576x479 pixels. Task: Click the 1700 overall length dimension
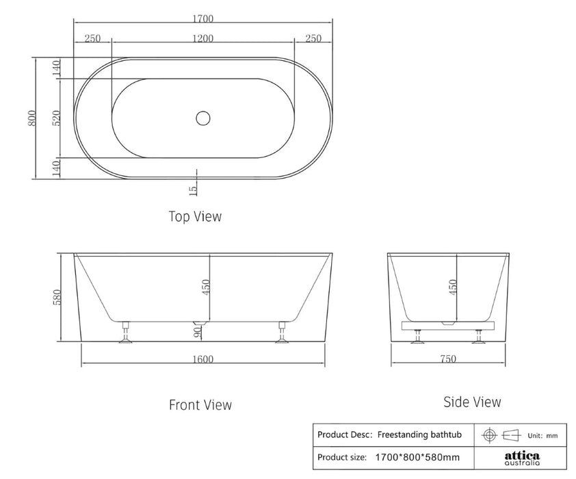tap(202, 18)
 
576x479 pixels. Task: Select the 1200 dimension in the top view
tap(202, 38)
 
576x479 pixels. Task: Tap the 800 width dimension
tap(32, 118)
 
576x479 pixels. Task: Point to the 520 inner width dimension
tap(56, 118)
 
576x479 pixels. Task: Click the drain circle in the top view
tap(202, 118)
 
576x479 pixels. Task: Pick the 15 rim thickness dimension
tap(193, 190)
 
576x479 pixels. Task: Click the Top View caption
tap(195, 216)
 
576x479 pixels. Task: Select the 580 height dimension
tap(57, 297)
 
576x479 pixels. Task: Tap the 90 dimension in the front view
tap(198, 332)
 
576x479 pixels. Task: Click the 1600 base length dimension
tap(202, 359)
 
